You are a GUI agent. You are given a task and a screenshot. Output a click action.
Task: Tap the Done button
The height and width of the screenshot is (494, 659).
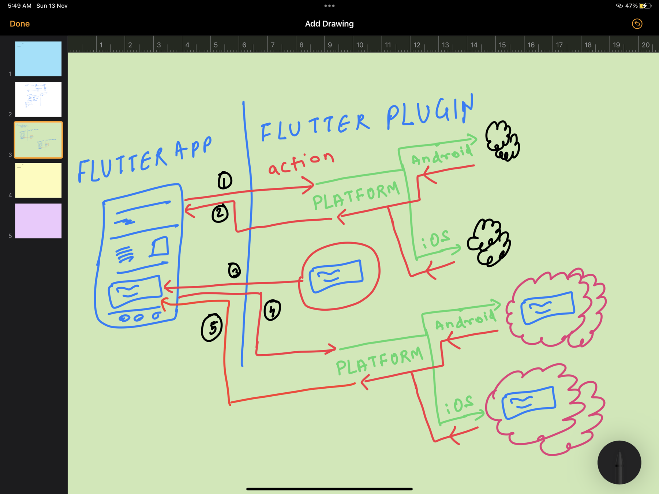tap(20, 24)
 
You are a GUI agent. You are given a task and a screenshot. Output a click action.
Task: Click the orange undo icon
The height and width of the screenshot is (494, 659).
tap(637, 24)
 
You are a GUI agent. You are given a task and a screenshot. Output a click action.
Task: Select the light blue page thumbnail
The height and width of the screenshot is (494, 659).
tap(38, 59)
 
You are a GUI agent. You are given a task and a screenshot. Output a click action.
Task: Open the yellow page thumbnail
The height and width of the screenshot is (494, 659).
tap(38, 180)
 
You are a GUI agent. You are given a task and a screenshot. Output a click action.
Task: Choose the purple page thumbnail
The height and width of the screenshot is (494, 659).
tap(38, 221)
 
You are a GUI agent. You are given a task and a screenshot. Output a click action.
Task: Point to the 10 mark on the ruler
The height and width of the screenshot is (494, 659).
tap(360, 45)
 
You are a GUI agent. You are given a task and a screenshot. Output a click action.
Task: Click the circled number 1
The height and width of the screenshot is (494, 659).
tap(225, 180)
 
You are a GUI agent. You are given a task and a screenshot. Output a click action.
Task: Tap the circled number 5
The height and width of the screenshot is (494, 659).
tap(212, 328)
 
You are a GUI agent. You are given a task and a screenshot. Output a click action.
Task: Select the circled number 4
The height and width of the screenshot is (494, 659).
tap(272, 310)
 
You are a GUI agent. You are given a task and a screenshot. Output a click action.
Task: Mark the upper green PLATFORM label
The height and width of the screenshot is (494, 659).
tap(356, 197)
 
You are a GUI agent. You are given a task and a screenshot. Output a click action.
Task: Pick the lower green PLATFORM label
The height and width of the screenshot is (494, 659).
tap(379, 362)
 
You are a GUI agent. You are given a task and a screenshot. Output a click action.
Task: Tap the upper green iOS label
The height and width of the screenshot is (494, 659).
tap(435, 240)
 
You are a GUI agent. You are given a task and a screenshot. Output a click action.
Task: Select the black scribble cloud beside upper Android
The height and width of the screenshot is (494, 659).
tap(502, 141)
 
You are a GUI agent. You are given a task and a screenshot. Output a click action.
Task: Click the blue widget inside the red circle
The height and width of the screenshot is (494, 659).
tap(336, 276)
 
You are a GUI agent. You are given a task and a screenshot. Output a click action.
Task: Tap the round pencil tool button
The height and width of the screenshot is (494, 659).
tap(619, 463)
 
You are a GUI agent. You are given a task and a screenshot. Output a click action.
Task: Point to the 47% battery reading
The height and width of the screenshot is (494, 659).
tap(631, 6)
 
